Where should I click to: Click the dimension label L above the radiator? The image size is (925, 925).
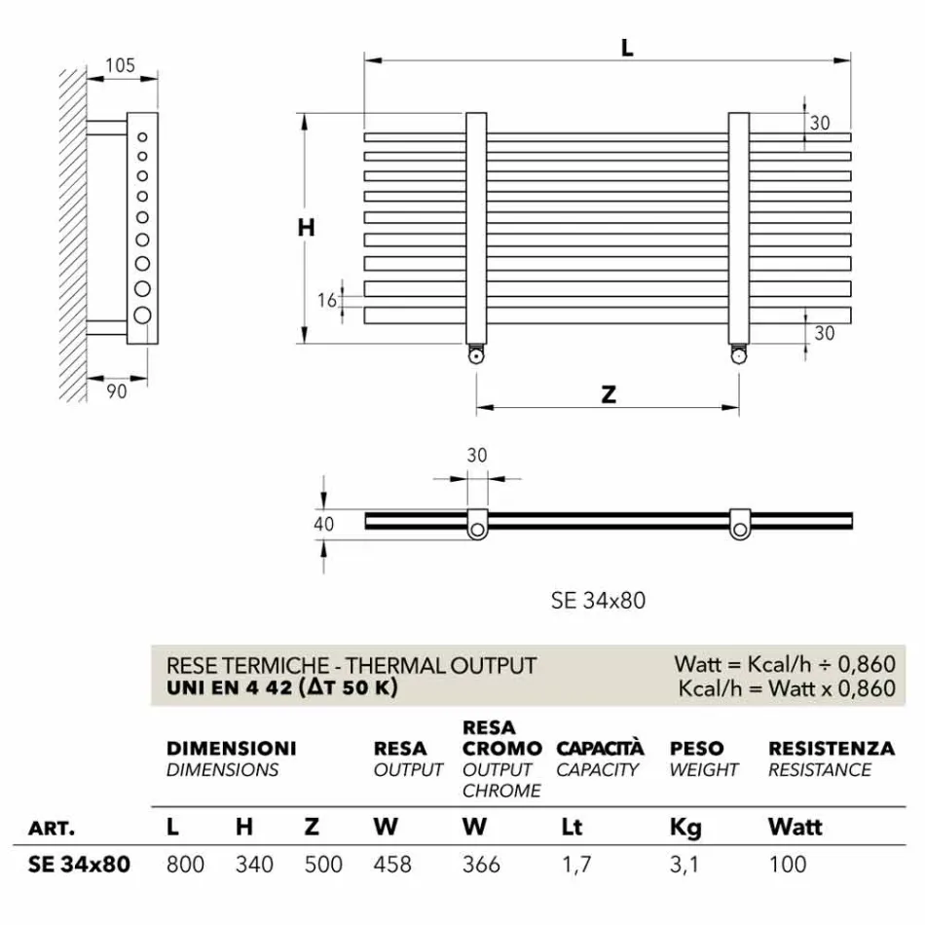point(627,46)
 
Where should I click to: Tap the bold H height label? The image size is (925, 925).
point(306,227)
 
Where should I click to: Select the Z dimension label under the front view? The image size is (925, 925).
point(608,394)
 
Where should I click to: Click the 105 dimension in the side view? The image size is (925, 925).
point(119,66)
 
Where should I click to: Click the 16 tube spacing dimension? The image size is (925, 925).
point(327,300)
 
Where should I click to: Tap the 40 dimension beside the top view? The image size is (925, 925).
point(324,524)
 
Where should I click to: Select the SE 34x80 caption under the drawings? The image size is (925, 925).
point(598,601)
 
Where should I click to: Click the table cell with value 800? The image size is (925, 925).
point(185,864)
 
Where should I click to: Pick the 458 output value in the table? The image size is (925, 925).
point(392,864)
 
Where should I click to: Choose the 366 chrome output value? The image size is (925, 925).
point(481,864)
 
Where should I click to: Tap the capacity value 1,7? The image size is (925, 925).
point(575,864)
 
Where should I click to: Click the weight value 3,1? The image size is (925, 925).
point(684,864)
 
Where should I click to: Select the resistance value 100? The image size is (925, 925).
point(787,864)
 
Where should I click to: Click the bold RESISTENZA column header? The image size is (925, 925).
point(831,749)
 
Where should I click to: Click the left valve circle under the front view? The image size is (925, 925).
point(475,356)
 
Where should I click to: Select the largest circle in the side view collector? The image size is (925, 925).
point(143,314)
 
